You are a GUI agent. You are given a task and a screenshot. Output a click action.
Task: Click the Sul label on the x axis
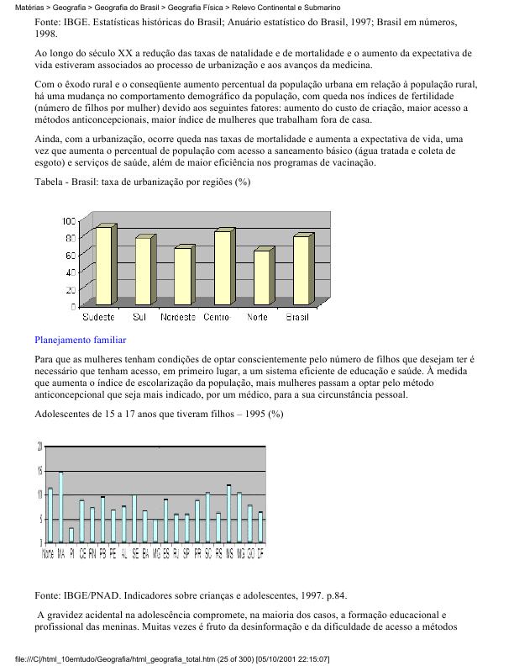click(x=141, y=317)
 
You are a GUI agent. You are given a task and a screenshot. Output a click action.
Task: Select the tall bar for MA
click(x=60, y=507)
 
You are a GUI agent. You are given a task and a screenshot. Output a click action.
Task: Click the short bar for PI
click(x=71, y=535)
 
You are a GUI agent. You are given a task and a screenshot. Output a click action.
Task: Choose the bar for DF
click(x=261, y=527)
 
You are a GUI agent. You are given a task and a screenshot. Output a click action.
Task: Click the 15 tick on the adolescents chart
click(x=39, y=471)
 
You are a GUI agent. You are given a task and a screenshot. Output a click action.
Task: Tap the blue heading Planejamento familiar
click(x=81, y=341)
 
